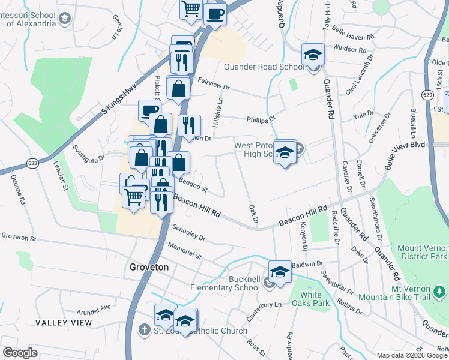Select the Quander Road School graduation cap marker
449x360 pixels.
[313, 55]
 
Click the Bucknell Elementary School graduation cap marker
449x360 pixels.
[279, 272]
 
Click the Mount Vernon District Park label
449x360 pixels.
[423, 252]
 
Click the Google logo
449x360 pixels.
[20, 352]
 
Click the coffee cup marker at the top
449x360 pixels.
[215, 13]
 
